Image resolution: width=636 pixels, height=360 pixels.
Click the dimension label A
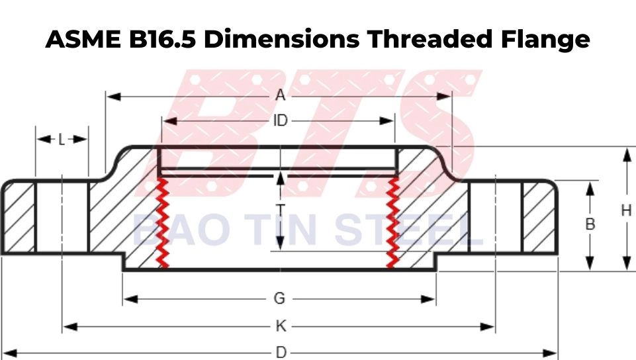[x=280, y=96]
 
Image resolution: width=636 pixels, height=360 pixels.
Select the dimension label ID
[x=280, y=121]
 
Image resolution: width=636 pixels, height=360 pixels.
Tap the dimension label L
[x=62, y=139]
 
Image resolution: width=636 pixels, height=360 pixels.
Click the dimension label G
[x=279, y=299]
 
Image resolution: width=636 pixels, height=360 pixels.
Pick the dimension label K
[x=281, y=327]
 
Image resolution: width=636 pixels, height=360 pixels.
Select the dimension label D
[x=281, y=353]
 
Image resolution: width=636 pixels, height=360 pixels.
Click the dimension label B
[x=590, y=224]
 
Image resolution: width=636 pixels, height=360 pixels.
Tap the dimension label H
[x=625, y=210]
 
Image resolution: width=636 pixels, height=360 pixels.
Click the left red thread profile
[x=161, y=222]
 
